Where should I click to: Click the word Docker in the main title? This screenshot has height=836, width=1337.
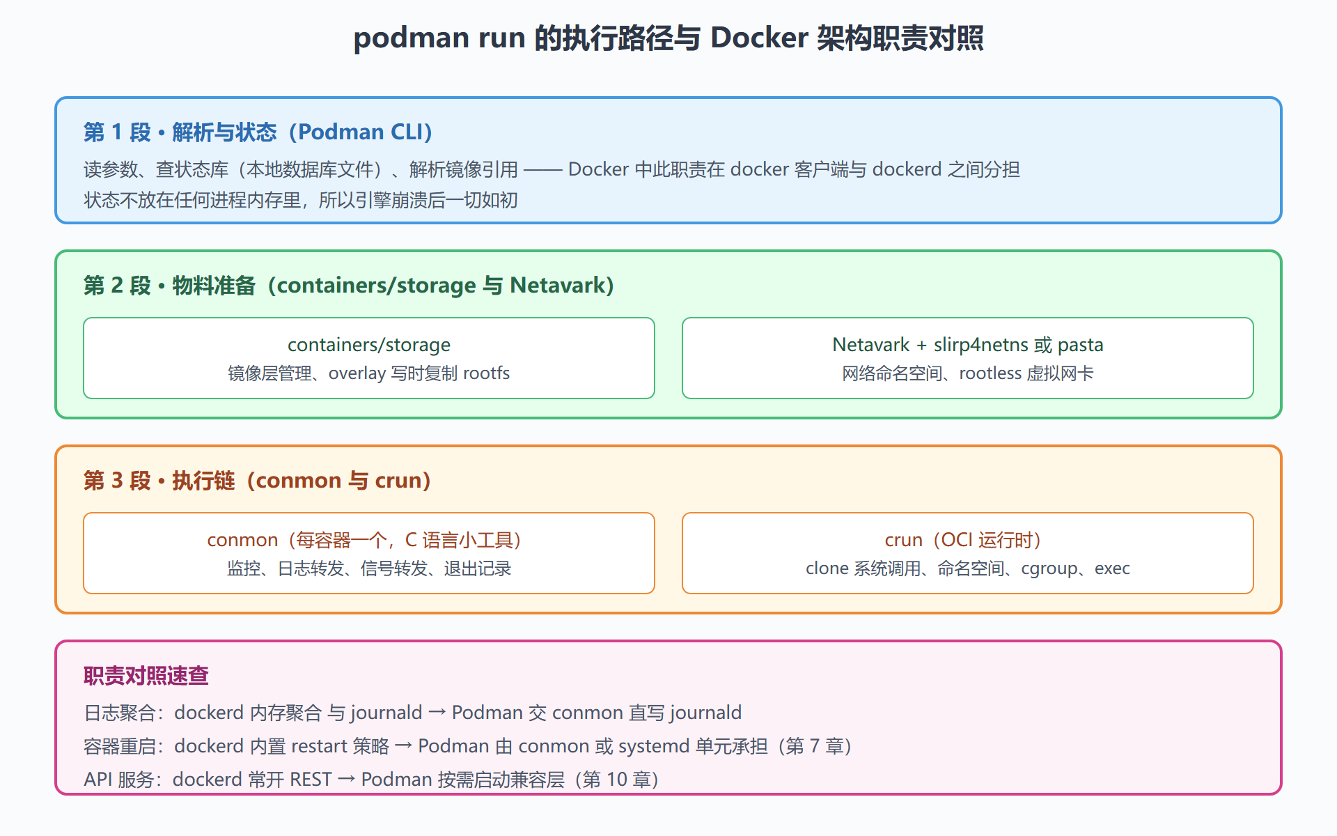tap(759, 38)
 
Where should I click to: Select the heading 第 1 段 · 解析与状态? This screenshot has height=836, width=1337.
tap(180, 132)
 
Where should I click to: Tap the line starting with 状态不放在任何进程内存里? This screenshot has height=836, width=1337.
tap(301, 201)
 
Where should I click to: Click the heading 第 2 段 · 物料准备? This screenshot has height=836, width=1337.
tap(170, 286)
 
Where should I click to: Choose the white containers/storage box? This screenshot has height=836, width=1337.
tap(369, 358)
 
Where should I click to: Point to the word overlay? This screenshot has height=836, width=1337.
tap(357, 373)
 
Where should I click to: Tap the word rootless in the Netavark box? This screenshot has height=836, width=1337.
tap(990, 373)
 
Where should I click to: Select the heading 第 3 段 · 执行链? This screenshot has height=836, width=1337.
tap(159, 481)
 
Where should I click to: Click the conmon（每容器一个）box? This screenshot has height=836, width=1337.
tap(369, 553)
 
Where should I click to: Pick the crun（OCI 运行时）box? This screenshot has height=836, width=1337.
tap(968, 553)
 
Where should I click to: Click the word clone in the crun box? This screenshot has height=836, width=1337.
tap(827, 568)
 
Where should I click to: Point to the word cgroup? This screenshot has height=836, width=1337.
tap(1049, 569)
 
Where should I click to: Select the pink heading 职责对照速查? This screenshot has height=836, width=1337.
tap(146, 676)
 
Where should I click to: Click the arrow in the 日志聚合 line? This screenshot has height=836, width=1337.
tap(437, 713)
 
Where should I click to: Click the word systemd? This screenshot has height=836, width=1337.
tap(654, 746)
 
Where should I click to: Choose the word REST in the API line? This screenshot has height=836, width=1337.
tap(311, 780)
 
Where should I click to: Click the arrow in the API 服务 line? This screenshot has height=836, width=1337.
tap(346, 780)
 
